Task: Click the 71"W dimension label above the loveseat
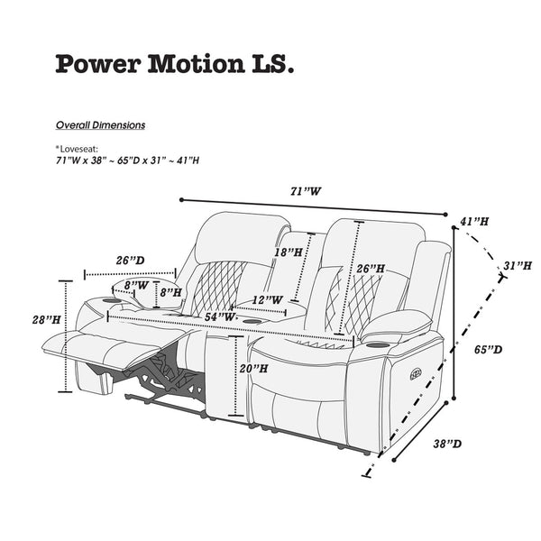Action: pyautogui.click(x=306, y=191)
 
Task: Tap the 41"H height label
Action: pyautogui.click(x=474, y=222)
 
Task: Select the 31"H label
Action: pyautogui.click(x=518, y=266)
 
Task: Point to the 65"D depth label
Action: pyautogui.click(x=488, y=350)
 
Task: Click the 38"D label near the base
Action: pyautogui.click(x=447, y=444)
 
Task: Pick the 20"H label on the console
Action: pyautogui.click(x=253, y=369)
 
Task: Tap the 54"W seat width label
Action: pyautogui.click(x=220, y=316)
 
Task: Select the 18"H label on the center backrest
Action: pyautogui.click(x=289, y=252)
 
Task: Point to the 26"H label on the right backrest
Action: pyautogui.click(x=371, y=269)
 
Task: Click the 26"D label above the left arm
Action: pyautogui.click(x=130, y=261)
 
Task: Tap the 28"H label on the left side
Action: pyautogui.click(x=46, y=320)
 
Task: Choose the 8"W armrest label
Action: pyautogui.click(x=136, y=286)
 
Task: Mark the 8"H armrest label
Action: pyautogui.click(x=170, y=292)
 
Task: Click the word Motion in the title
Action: pyautogui.click(x=197, y=64)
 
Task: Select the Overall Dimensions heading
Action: pyautogui.click(x=100, y=125)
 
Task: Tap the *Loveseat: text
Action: pyautogui.click(x=77, y=149)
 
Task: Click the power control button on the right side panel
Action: pyautogui.click(x=416, y=373)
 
